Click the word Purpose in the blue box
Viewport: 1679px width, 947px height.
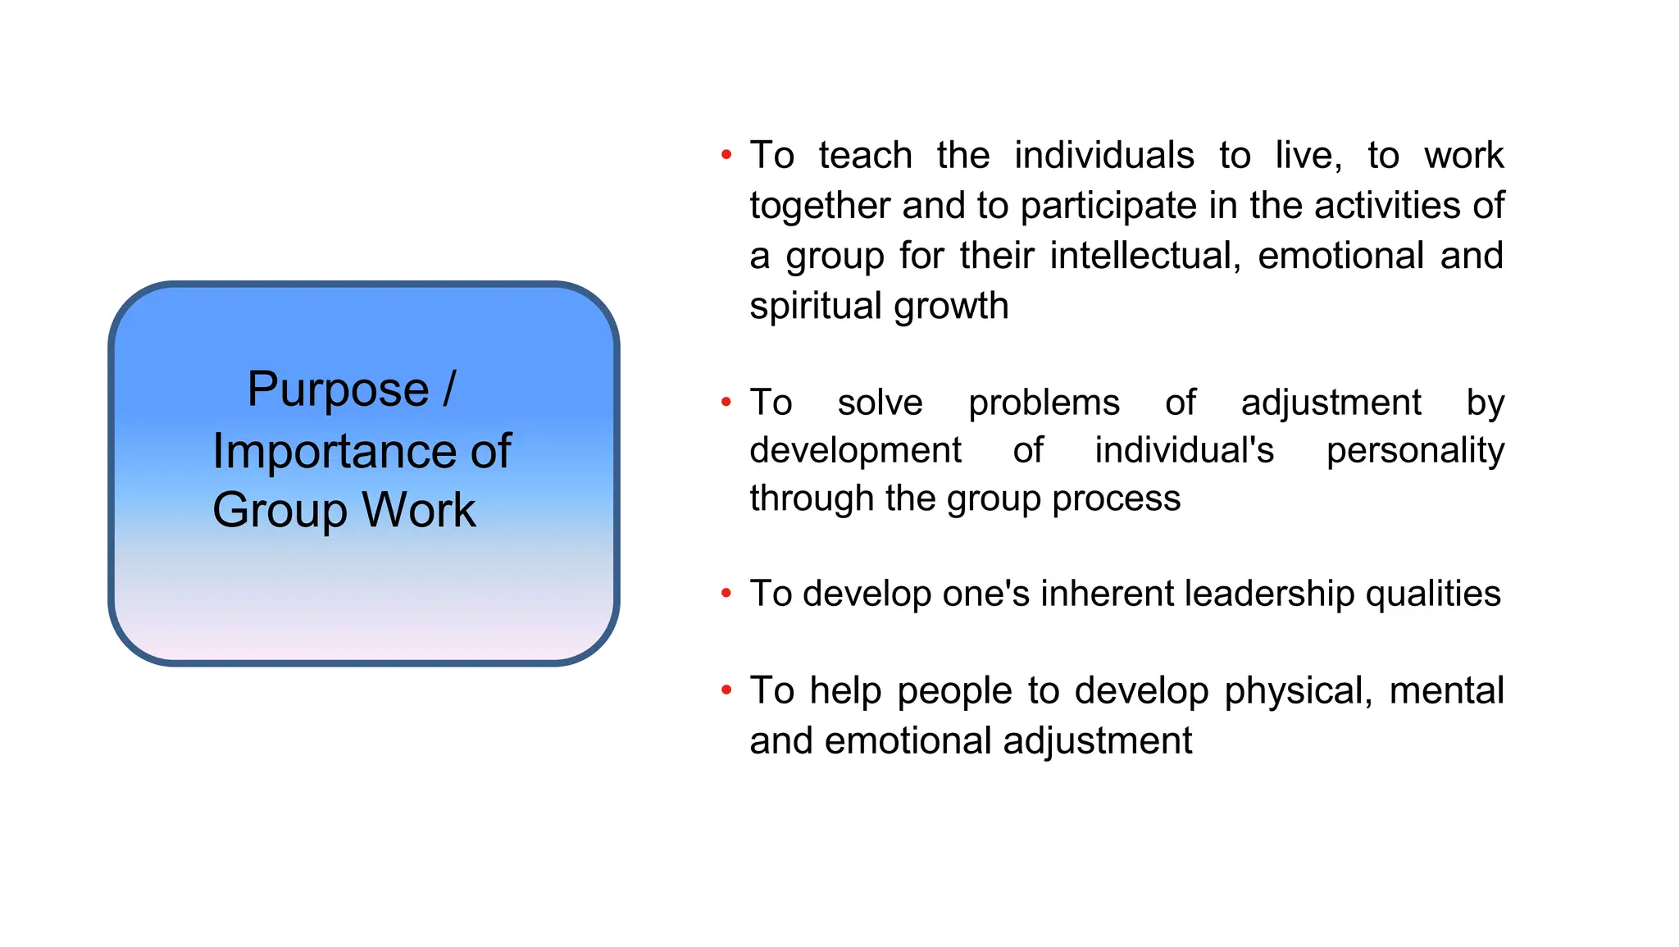[x=338, y=389]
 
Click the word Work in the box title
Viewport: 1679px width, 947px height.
[x=418, y=510]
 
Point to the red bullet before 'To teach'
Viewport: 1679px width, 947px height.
[x=726, y=154]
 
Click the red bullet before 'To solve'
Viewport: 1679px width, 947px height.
[x=726, y=402]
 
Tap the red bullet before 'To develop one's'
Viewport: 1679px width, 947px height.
[x=726, y=593]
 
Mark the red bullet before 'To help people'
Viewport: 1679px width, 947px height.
[x=726, y=690]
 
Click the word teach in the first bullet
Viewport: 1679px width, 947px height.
[x=865, y=156]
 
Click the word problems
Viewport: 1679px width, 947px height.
[x=1044, y=403]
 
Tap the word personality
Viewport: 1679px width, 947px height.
[x=1415, y=451]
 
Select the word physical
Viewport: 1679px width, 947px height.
[x=1299, y=691]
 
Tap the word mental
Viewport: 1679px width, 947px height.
[x=1446, y=690]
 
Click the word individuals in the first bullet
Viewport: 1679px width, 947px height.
[x=1103, y=156]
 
